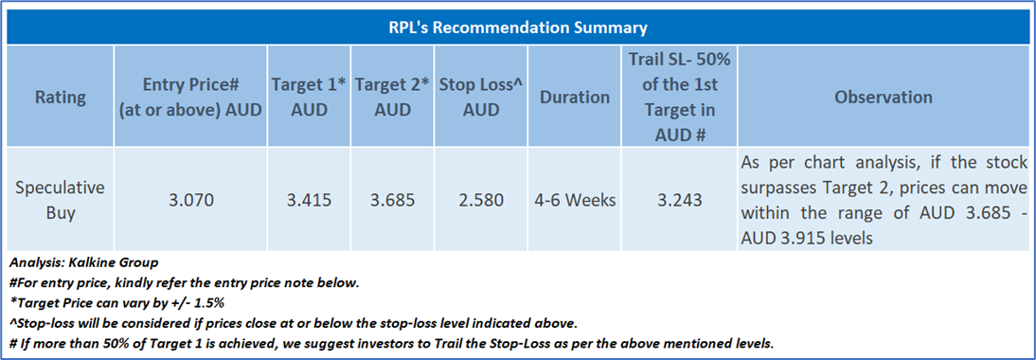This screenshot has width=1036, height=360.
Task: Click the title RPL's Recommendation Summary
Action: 517,28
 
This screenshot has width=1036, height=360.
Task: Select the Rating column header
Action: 61,98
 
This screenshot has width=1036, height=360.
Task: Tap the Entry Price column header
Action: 190,98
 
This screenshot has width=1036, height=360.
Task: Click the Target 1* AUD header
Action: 310,98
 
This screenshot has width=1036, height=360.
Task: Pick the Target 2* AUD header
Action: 392,98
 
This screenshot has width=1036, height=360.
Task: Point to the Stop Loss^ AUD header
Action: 481,98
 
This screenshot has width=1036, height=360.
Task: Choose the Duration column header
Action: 574,98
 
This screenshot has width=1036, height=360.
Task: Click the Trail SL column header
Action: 680,97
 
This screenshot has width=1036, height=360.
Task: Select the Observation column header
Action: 884,98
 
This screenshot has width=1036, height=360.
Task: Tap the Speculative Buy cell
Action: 61,200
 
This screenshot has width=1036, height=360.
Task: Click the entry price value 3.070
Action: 190,200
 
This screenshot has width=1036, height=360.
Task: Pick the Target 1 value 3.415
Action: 310,200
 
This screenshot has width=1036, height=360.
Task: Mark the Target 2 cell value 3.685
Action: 392,200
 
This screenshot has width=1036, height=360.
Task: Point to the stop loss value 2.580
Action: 481,200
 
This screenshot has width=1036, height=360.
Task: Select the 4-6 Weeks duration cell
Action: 574,200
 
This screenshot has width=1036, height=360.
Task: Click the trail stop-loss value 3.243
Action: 680,200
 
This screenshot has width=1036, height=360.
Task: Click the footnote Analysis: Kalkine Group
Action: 84,263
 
